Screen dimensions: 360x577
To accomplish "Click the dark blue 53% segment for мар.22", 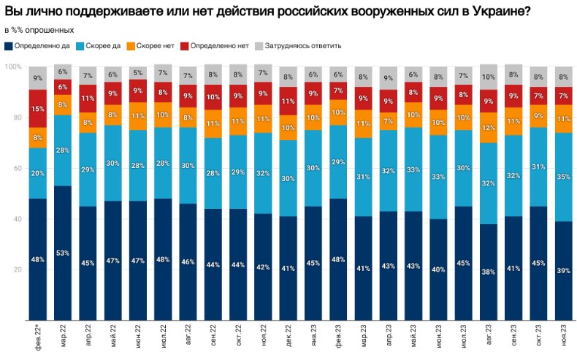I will click(64, 253).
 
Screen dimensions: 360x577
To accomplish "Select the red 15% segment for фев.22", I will click(38, 109).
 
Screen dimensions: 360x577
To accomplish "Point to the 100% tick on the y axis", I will click(12, 66).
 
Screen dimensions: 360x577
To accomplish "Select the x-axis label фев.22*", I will click(38, 340).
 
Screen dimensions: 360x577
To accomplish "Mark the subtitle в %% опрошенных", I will click(39, 30).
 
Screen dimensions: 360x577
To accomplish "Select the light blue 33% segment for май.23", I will click(413, 169).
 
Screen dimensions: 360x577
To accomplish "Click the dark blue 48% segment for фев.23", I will click(337, 259).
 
